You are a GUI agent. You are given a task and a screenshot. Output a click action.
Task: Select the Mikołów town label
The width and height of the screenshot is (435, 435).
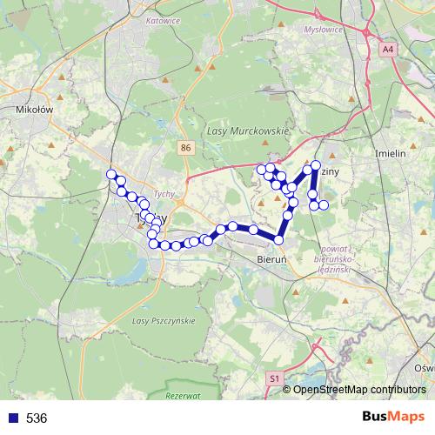35,110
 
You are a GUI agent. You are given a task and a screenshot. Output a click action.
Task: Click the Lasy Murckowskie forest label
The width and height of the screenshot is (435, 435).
248,130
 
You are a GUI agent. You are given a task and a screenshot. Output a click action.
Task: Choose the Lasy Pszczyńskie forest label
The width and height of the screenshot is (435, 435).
162,321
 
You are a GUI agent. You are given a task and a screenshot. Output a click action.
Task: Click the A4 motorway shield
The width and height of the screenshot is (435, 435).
387,50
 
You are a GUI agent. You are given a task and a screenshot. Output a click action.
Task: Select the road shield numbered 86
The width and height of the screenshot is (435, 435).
185,149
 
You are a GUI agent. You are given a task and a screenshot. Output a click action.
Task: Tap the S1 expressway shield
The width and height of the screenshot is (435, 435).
274,378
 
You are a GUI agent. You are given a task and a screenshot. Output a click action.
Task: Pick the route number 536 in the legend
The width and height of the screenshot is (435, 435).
37,418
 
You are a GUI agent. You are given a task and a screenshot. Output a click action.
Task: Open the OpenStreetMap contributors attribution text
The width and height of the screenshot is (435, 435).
359,390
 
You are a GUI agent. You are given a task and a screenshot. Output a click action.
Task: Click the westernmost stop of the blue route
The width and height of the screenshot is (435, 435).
111,175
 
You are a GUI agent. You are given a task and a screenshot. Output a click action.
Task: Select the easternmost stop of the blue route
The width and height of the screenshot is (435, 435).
324,205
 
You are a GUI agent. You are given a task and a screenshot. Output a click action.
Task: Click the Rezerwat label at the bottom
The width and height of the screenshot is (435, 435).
181,396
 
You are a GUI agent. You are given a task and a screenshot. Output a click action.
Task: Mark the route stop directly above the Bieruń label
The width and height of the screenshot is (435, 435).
279,240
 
